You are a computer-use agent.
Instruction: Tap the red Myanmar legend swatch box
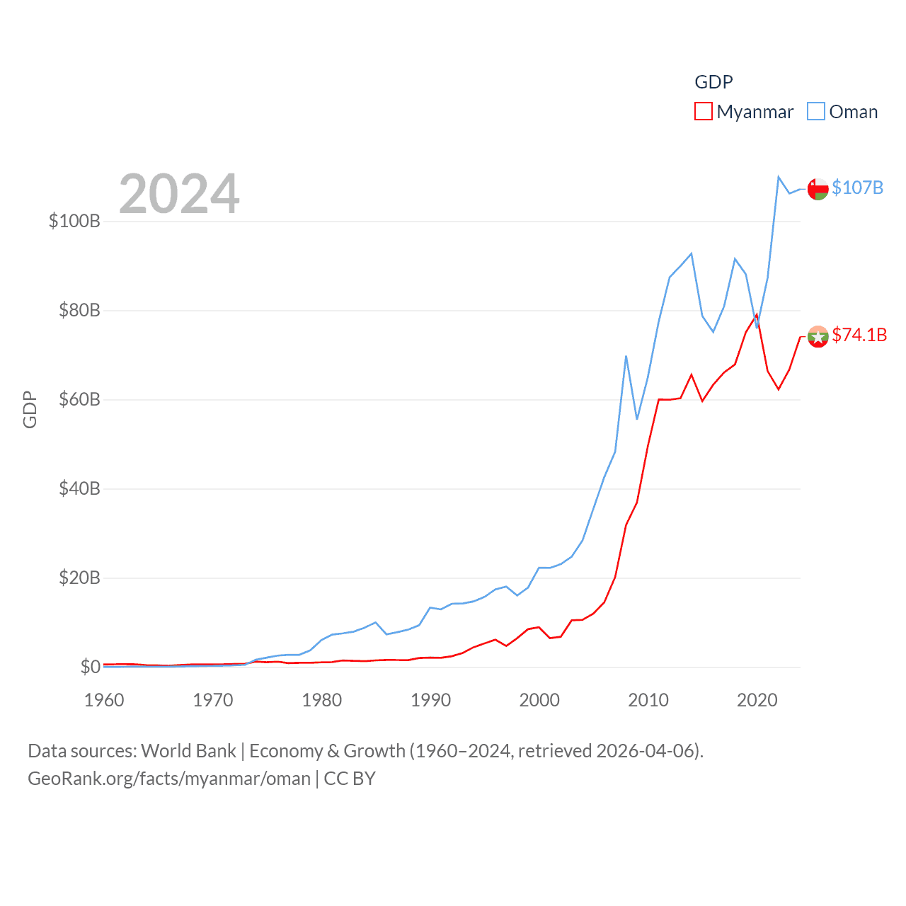pos(703,112)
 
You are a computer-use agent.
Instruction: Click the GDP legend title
pos(713,82)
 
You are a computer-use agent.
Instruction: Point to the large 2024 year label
pos(179,194)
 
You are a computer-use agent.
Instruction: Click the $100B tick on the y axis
pos(74,221)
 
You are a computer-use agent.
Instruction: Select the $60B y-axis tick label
pos(79,399)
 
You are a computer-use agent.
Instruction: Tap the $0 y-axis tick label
pos(90,667)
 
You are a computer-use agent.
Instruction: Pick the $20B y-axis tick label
pos(79,578)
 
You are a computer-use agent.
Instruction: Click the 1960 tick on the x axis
pos(104,700)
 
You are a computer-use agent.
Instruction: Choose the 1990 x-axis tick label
pos(430,700)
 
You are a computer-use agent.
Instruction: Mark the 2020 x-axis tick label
pos(757,700)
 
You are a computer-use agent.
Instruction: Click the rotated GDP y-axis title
pos(30,409)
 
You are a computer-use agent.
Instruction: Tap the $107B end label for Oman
pos(857,188)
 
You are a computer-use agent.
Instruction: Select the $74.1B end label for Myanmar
pos(859,335)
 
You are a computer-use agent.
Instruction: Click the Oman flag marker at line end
pos(818,189)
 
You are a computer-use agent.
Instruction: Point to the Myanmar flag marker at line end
pos(818,336)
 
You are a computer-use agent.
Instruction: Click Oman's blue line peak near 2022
pos(779,177)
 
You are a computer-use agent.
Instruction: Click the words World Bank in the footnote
pos(188,750)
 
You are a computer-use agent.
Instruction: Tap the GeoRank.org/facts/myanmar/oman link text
pos(169,779)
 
